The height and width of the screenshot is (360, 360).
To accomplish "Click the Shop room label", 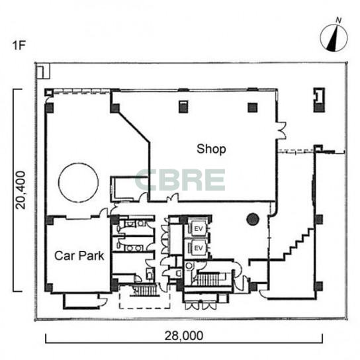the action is [211, 150].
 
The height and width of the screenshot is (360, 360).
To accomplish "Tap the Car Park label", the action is [79, 255].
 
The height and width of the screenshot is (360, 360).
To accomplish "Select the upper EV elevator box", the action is [199, 229].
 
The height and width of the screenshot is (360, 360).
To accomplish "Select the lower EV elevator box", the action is [199, 248].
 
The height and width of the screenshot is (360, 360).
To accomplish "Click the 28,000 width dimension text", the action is [184, 336].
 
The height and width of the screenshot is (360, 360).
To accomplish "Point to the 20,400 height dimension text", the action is [21, 190].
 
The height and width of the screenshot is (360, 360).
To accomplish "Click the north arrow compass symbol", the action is [334, 38].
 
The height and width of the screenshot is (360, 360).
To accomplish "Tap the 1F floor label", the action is [19, 45].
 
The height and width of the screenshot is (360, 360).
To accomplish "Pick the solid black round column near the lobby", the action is [253, 219].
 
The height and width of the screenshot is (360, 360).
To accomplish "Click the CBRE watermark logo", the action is [180, 180].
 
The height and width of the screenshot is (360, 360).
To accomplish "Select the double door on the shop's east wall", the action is [282, 130].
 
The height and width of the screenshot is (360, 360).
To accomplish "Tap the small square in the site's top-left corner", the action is [43, 72].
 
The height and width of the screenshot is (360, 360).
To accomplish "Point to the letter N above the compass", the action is [339, 21].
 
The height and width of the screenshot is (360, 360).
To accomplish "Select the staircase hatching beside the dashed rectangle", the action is [146, 291].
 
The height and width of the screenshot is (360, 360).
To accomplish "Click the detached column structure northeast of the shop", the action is [319, 100].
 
